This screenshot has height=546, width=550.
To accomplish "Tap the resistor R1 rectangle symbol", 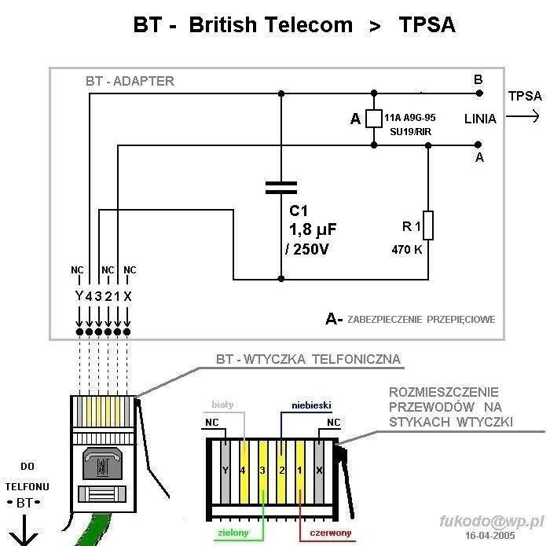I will [x=428, y=227].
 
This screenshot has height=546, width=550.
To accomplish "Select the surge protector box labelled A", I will [x=374, y=119].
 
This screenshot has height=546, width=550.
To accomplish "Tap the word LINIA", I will [x=480, y=119].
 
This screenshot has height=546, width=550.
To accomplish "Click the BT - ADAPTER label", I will [x=130, y=81].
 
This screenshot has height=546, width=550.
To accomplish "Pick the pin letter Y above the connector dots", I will [x=78, y=296].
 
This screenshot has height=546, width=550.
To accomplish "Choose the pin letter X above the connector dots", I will [x=128, y=296].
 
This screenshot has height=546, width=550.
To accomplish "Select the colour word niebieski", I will [x=311, y=405].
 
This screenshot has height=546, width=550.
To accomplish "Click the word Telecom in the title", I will [x=305, y=25].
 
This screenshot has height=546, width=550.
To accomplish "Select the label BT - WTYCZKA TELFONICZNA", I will [x=308, y=360].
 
